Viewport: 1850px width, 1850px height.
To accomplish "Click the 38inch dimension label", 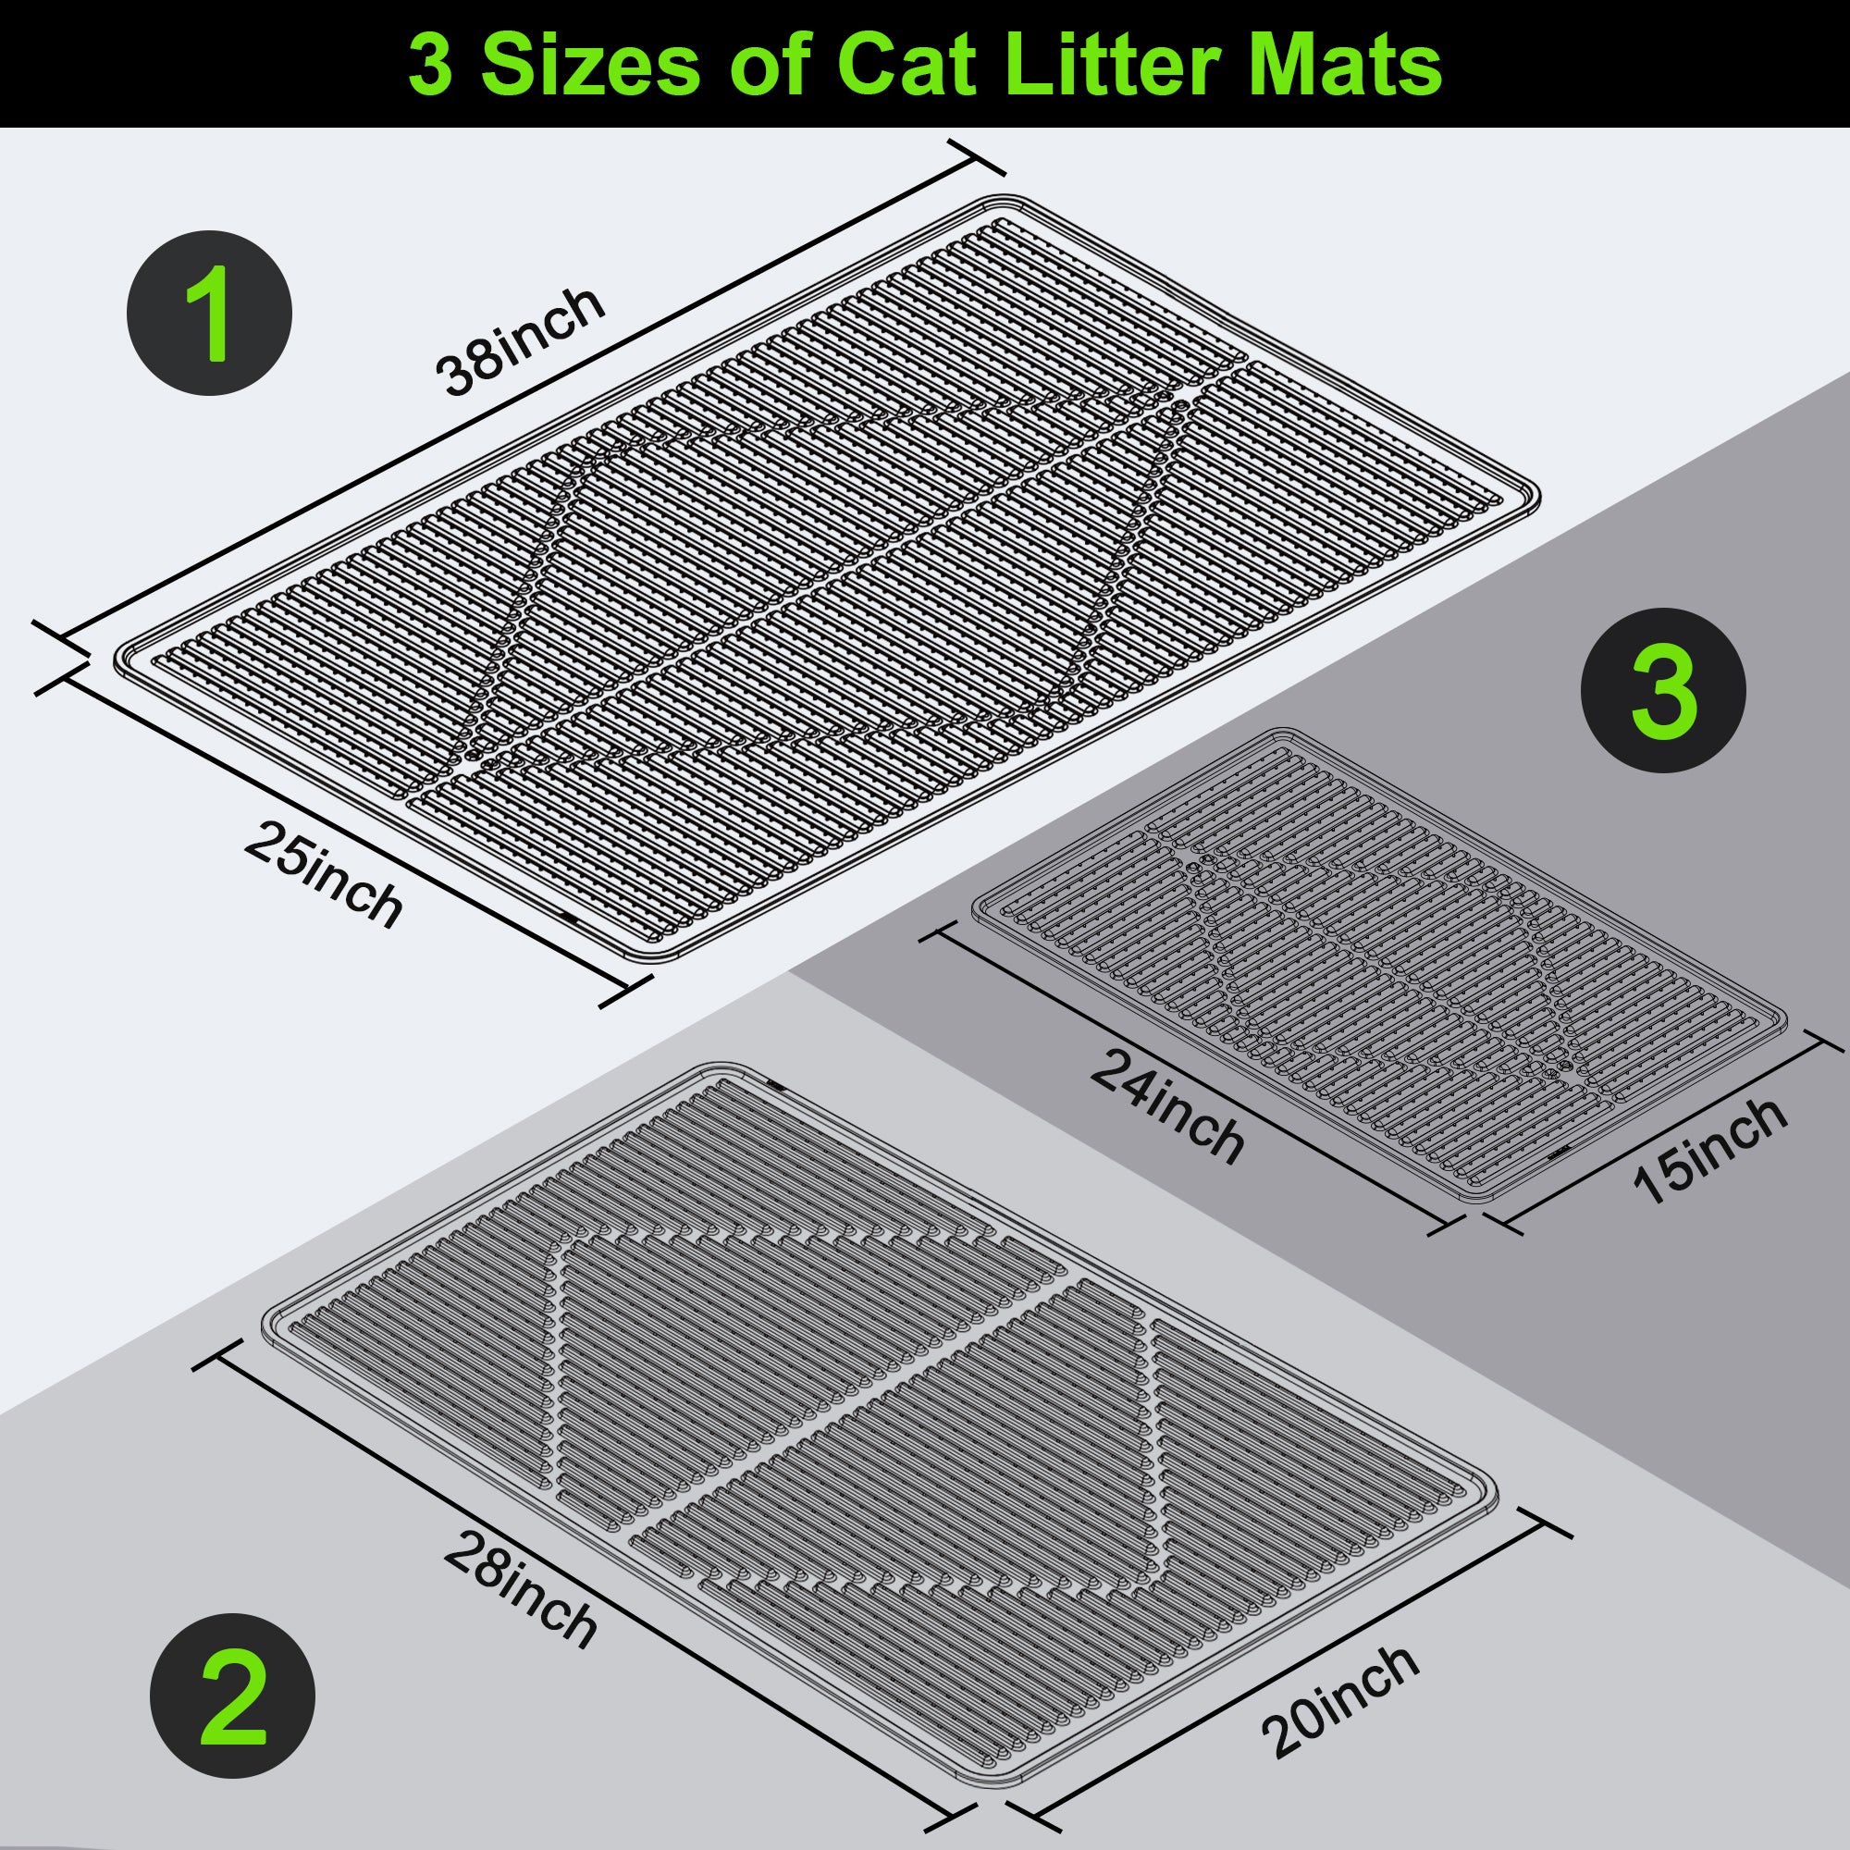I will tap(520, 341).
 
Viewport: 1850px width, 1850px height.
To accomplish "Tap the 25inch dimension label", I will tap(323, 876).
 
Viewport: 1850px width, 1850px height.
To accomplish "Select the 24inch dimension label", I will tap(1166, 1107).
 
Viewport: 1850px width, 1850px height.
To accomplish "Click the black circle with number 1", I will tap(210, 314).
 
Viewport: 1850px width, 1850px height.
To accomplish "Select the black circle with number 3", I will tap(1663, 690).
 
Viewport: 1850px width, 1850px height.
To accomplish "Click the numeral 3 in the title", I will tap(430, 65).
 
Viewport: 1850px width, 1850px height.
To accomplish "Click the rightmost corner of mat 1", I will tap(1536, 496).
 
